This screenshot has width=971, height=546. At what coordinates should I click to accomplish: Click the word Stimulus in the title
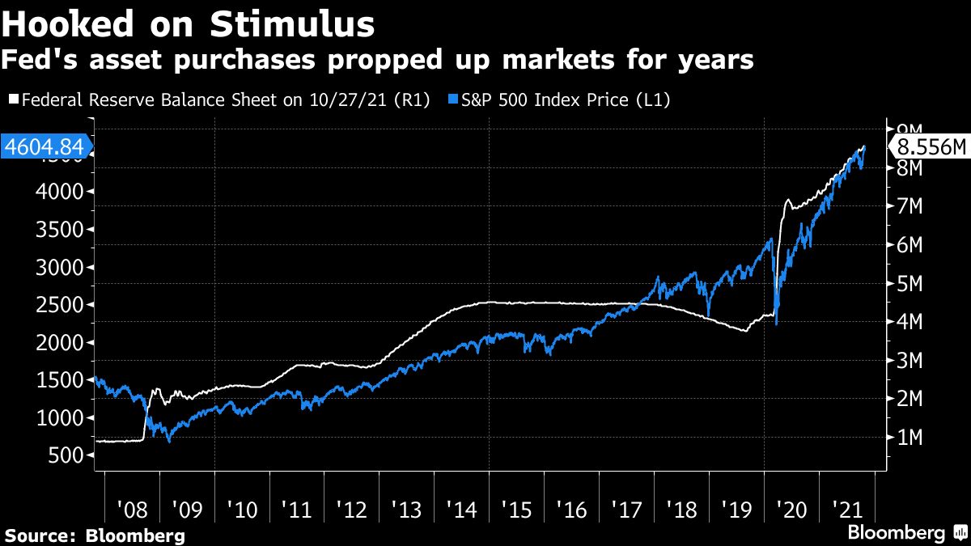[x=293, y=24]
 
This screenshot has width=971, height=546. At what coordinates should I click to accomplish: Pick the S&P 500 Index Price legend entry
[x=559, y=100]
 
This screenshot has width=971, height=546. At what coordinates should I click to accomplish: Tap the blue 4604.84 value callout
[x=45, y=148]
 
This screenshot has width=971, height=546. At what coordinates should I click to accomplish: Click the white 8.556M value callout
[x=929, y=148]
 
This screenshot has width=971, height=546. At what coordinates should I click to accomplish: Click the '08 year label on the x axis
[x=131, y=511]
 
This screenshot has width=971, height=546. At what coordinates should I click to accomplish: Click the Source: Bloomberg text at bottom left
[x=95, y=535]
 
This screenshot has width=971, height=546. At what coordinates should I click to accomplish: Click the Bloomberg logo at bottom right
[x=906, y=533]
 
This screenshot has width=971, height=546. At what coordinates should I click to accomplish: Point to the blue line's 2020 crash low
[x=777, y=324]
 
